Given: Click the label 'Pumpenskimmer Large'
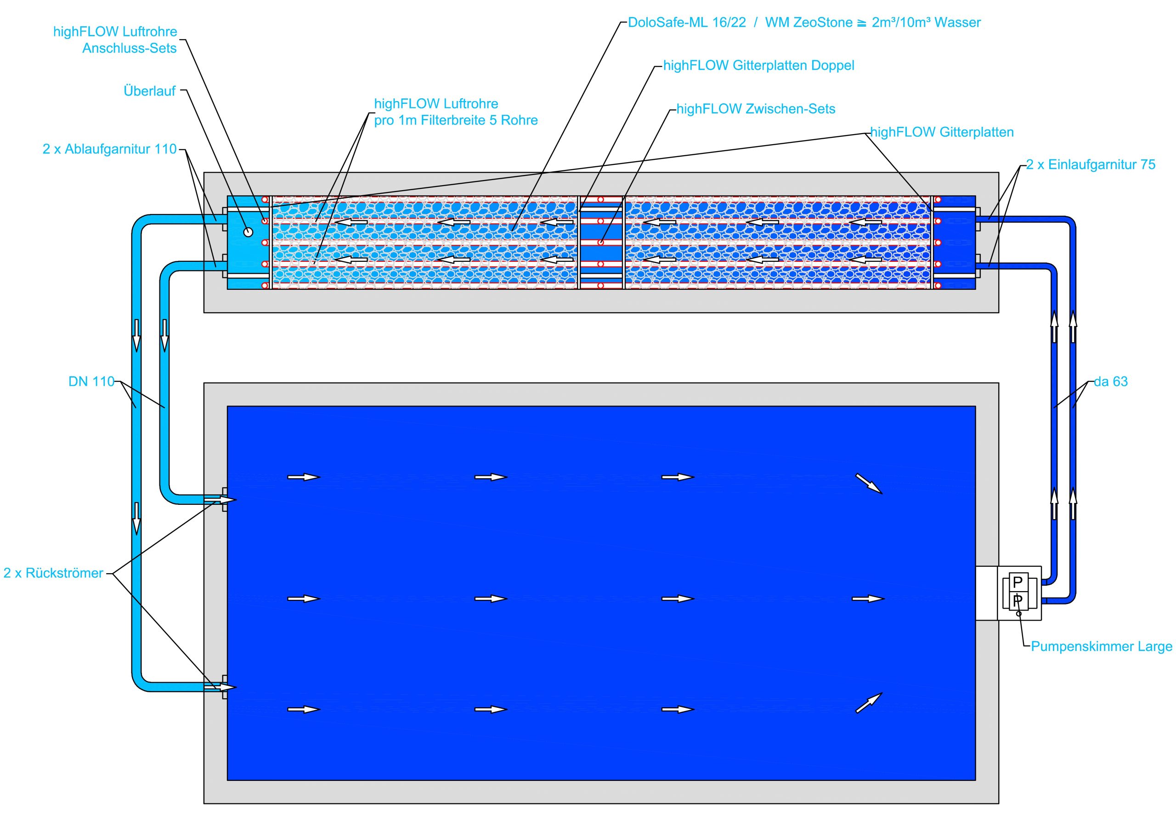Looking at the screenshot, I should pyautogui.click(x=1101, y=646).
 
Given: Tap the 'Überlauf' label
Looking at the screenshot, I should pyautogui.click(x=150, y=91).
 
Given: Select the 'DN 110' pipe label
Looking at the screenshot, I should pyautogui.click(x=91, y=382).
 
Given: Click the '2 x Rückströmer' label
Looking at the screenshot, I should pyautogui.click(x=53, y=573).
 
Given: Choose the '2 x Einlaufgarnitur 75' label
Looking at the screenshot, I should pyautogui.click(x=1091, y=165).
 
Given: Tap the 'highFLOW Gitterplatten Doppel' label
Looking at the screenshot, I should pyautogui.click(x=758, y=66).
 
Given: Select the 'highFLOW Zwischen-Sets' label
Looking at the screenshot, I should pyautogui.click(x=756, y=109).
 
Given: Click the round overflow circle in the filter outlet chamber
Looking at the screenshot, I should pyautogui.click(x=248, y=232).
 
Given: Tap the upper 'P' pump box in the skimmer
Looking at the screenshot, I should pyautogui.click(x=1018, y=582).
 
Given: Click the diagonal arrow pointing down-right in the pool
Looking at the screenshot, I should pyautogui.click(x=869, y=484).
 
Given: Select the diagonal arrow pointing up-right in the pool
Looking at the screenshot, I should pyautogui.click(x=869, y=703).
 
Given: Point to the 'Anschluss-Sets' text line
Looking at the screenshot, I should pyautogui.click(x=130, y=48).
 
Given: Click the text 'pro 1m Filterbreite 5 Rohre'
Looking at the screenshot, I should pyautogui.click(x=456, y=120).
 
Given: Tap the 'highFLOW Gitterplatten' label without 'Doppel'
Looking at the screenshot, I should pyautogui.click(x=942, y=132).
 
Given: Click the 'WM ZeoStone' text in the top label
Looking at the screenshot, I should pyautogui.click(x=809, y=23).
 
